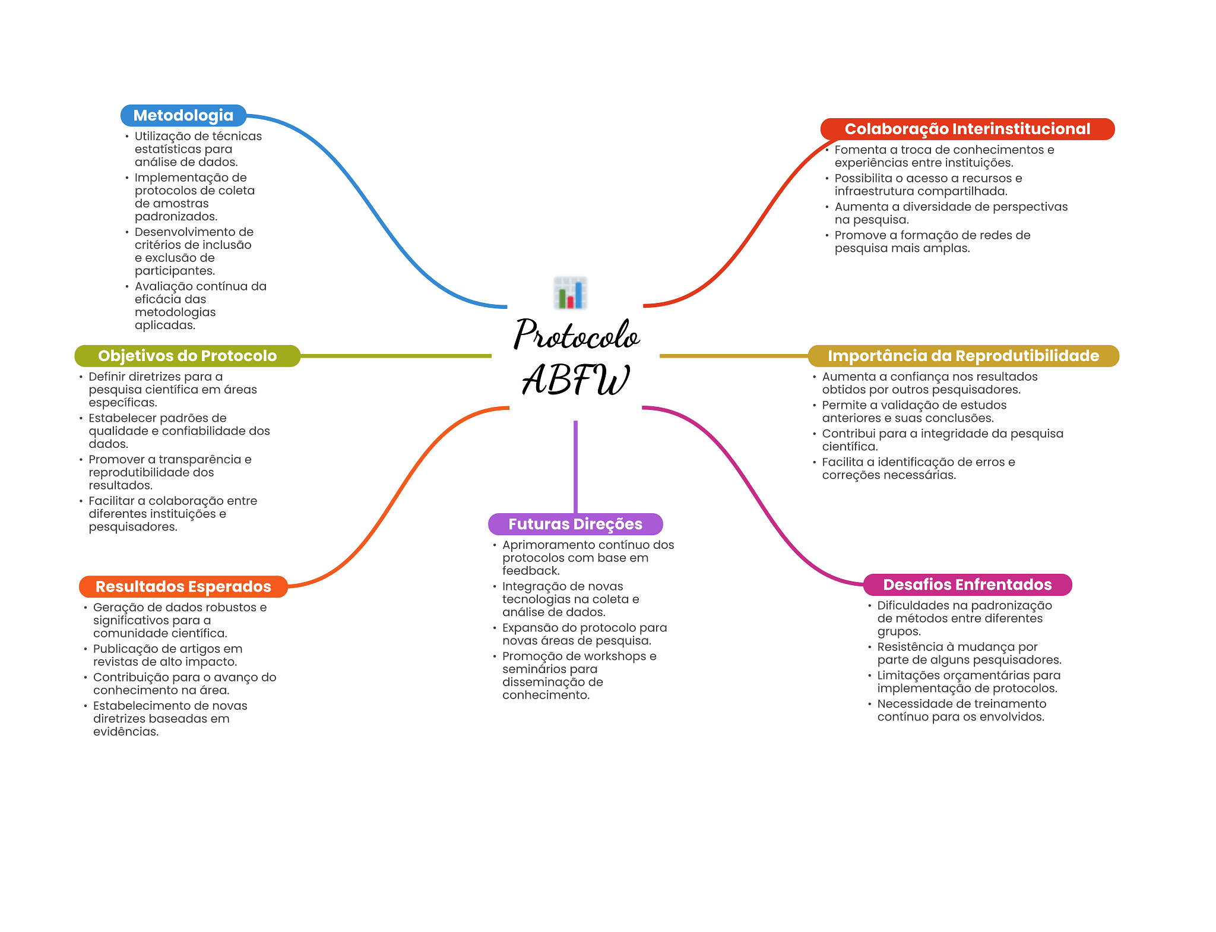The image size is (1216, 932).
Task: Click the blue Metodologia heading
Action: [x=183, y=115]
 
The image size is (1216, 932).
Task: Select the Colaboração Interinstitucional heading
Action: [x=967, y=129]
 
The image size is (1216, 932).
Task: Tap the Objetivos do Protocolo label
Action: [x=187, y=356]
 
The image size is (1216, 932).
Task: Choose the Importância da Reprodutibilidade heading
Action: [x=963, y=356]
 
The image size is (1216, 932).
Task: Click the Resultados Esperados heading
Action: [x=183, y=586]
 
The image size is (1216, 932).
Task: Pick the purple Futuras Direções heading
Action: [x=575, y=524]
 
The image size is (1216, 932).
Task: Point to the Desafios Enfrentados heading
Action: [x=967, y=585]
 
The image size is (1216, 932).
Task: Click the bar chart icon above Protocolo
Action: [x=570, y=293]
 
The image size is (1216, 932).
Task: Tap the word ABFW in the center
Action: [x=575, y=379]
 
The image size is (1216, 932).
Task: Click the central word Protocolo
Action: [x=577, y=334]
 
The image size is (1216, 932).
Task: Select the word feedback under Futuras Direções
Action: [x=531, y=571]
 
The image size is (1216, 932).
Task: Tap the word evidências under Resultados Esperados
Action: [x=126, y=732]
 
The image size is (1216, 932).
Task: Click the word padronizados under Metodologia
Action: [x=176, y=217]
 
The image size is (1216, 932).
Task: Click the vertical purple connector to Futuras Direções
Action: [x=575, y=467]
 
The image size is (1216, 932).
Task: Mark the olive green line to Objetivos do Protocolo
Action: [x=396, y=356]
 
